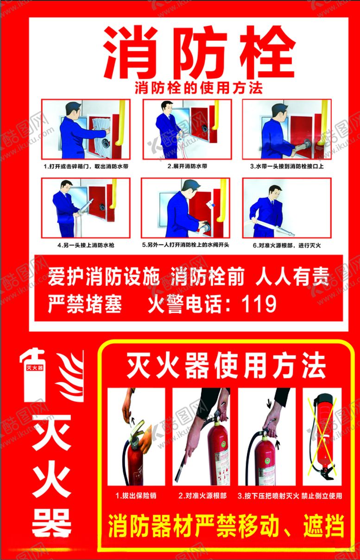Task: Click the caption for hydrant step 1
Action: click(x=86, y=166)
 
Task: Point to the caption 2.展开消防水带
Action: click(x=187, y=166)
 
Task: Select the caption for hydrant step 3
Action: click(x=287, y=166)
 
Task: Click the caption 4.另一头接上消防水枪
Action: click(x=86, y=245)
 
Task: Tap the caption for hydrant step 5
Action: click(x=186, y=245)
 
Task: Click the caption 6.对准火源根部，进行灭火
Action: click(x=287, y=245)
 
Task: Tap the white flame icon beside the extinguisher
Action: click(x=70, y=376)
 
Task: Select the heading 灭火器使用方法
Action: click(x=226, y=365)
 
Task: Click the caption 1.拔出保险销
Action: click(x=136, y=496)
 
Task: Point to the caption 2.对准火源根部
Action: click(x=202, y=496)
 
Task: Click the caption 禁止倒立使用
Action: click(x=322, y=496)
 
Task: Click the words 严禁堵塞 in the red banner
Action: click(x=85, y=303)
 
